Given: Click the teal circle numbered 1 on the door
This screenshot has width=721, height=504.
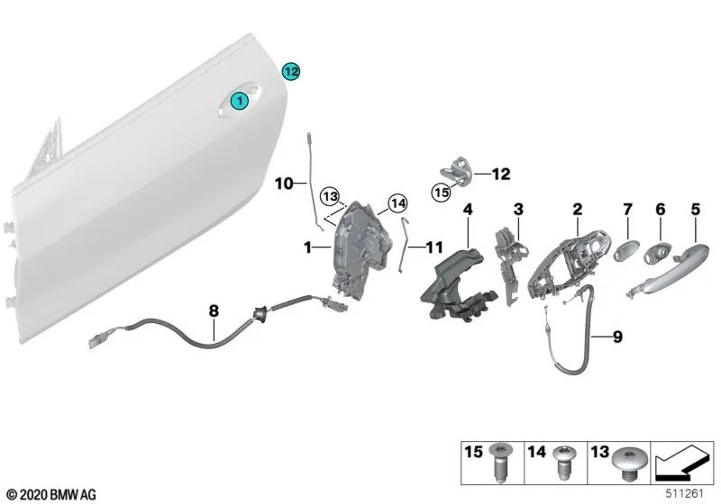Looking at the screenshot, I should click(240, 103).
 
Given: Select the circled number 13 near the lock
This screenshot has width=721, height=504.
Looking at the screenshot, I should click(331, 196).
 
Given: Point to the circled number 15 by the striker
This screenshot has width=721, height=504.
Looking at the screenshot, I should click(442, 192).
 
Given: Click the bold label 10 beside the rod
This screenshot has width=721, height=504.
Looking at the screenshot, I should click(284, 184).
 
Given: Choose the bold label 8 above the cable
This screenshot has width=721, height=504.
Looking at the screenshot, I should click(214, 311).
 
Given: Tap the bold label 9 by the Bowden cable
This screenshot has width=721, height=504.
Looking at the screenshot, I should click(617, 337).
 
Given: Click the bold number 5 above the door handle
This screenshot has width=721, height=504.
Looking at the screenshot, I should click(695, 209).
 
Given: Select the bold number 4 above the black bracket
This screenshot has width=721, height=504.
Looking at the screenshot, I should click(468, 209).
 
